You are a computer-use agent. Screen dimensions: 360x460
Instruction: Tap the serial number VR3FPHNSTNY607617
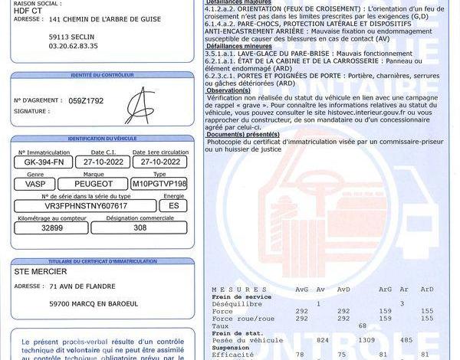70,205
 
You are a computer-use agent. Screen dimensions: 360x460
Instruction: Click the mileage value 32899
52,227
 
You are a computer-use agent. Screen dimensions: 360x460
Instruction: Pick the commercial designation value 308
140,227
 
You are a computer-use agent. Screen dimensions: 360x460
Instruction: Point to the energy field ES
174,205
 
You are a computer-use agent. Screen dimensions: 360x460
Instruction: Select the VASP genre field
35,185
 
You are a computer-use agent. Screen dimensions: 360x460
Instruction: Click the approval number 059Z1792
86,100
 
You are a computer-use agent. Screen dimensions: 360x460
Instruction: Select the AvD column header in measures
343,290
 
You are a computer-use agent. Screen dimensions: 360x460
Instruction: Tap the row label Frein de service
241,296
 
